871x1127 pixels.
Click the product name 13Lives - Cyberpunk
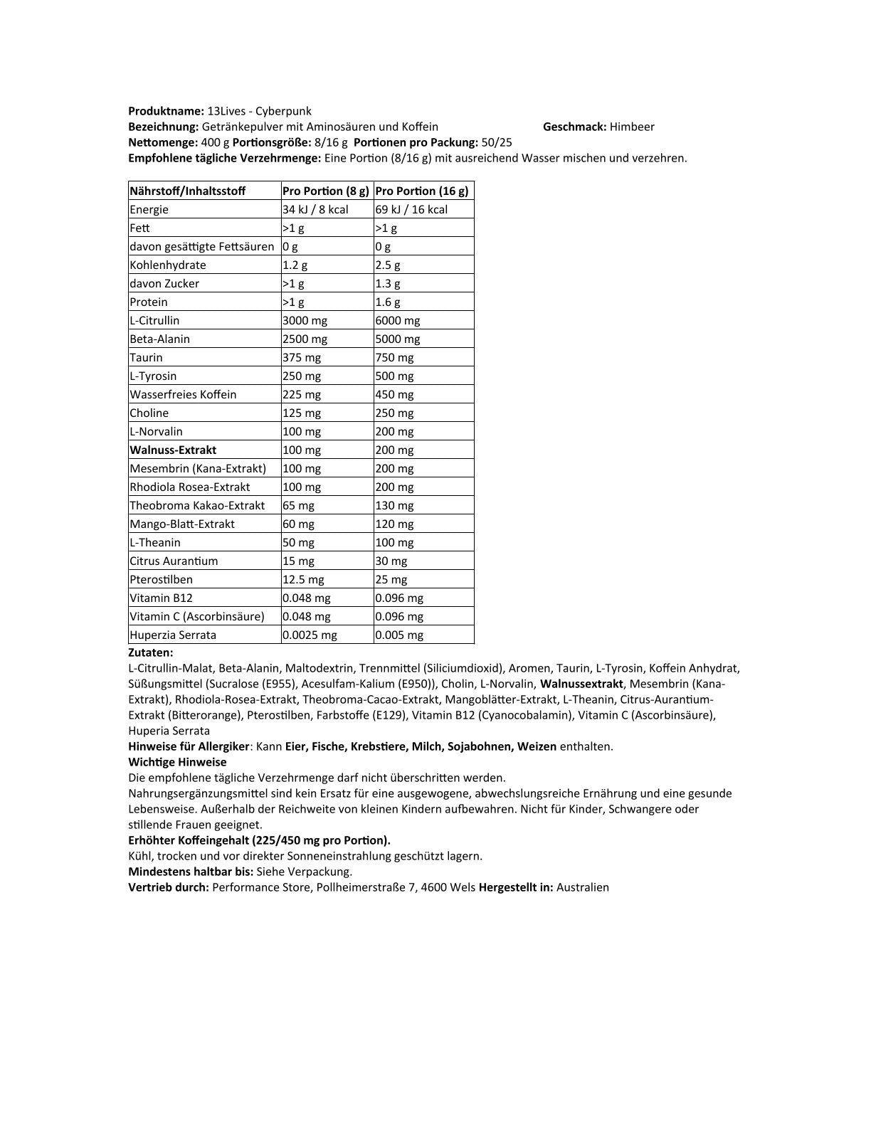tap(259, 111)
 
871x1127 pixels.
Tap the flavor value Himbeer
tap(632, 127)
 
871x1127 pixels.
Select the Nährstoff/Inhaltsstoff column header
tap(188, 191)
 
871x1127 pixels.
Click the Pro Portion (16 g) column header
tap(422, 191)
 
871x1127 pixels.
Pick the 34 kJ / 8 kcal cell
tap(315, 209)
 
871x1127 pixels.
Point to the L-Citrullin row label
tap(154, 320)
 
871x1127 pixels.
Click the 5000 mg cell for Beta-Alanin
tap(398, 339)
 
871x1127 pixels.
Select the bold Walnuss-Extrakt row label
tap(173, 450)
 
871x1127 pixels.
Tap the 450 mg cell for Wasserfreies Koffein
tap(394, 394)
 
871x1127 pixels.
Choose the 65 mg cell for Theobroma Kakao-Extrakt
tap(298, 505)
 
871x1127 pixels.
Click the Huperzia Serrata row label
tap(173, 635)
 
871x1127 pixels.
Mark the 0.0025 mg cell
tap(310, 635)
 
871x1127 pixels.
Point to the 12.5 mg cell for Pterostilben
tap(303, 579)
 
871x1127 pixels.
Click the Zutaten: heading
tap(151, 652)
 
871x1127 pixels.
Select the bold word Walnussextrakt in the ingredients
tap(581, 684)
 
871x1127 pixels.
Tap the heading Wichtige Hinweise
tap(177, 762)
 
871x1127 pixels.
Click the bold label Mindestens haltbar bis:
tap(191, 872)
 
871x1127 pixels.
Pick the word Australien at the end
tap(583, 887)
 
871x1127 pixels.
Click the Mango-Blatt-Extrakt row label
tap(182, 524)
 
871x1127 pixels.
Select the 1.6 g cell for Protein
tap(388, 302)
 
